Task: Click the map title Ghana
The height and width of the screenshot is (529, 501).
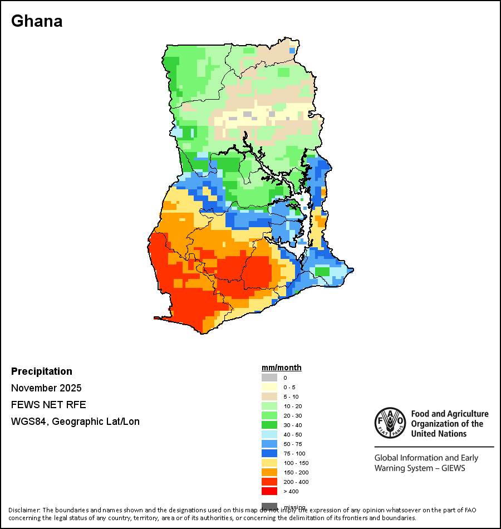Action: pos(37,21)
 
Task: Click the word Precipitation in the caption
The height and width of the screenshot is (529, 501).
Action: pos(42,371)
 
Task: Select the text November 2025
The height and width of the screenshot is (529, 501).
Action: pos(46,388)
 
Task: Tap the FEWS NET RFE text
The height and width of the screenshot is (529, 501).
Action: pos(48,405)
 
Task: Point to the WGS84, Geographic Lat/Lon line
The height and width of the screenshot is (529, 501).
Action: pos(75,422)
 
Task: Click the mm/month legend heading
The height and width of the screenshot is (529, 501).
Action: pos(282,368)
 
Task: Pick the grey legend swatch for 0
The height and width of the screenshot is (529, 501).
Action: pos(269,378)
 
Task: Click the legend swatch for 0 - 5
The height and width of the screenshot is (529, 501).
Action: pos(269,387)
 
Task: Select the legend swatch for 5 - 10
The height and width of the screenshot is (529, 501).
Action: pos(269,396)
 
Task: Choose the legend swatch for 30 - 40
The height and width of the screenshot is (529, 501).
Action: pos(269,425)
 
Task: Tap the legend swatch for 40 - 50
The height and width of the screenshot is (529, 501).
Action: pos(269,434)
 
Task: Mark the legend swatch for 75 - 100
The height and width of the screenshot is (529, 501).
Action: pos(269,453)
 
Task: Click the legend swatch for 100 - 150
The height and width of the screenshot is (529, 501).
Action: pos(269,463)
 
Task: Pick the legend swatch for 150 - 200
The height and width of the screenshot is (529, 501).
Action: pos(269,472)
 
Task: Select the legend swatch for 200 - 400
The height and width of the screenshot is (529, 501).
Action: pos(269,482)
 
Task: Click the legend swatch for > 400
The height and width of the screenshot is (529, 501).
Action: pos(269,491)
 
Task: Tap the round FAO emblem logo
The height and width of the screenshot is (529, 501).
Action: pos(390,424)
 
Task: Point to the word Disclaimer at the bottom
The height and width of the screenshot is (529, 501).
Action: pos(24,510)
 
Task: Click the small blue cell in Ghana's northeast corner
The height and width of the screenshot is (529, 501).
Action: pos(292,51)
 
